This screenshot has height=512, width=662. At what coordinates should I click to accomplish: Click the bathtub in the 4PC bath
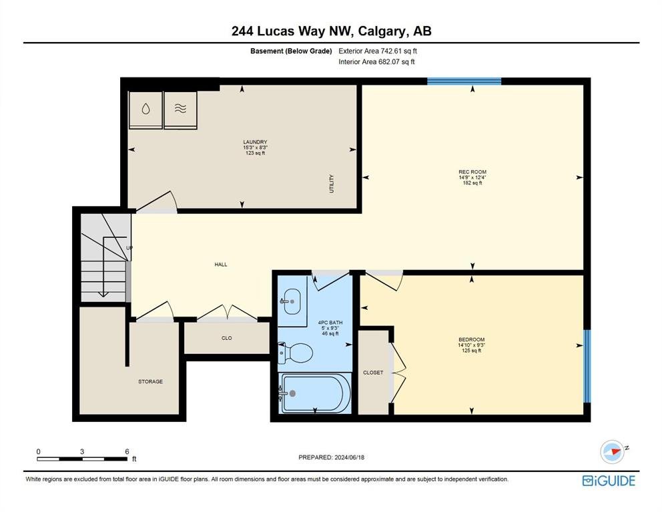(315, 393)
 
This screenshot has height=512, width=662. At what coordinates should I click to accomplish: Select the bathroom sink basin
(292, 301)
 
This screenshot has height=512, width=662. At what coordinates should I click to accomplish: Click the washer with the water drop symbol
(145, 109)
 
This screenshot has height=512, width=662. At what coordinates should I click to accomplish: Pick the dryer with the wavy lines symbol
(180, 109)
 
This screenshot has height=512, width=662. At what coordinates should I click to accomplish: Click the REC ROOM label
(472, 172)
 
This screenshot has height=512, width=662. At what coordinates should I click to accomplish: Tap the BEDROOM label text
(472, 339)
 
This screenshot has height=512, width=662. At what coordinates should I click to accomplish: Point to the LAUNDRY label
(255, 142)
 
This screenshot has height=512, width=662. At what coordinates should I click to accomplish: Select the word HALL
(221, 265)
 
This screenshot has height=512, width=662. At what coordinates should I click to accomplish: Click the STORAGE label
(150, 382)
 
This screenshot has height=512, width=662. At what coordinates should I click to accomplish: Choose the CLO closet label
(227, 338)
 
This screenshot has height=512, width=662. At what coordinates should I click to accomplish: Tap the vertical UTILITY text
(332, 184)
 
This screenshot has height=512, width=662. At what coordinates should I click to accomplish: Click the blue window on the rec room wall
(464, 81)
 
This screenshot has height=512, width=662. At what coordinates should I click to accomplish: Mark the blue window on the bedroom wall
(587, 366)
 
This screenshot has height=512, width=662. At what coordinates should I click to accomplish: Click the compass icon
(612, 451)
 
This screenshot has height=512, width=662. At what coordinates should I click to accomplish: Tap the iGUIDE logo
(609, 481)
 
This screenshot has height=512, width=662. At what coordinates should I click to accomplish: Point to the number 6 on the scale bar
(127, 451)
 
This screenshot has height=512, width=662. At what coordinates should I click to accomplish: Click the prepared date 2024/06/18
(349, 457)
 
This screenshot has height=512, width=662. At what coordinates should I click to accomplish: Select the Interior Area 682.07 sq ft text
(376, 62)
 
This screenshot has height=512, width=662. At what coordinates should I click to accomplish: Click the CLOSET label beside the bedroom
(373, 373)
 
